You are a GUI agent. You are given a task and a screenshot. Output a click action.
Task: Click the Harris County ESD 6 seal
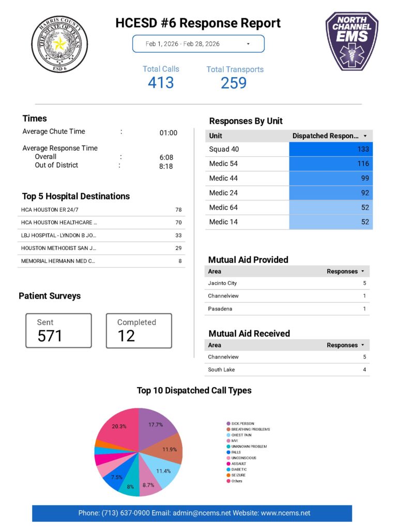point(59,44)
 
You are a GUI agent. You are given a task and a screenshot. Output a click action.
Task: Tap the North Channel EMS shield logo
point(352,41)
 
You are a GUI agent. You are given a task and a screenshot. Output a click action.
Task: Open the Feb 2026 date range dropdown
point(198,44)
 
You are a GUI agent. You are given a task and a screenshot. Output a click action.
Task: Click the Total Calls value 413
point(161,82)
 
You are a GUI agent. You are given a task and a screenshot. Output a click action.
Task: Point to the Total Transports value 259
point(234,83)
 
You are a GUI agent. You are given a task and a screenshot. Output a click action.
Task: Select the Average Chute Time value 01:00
point(168,133)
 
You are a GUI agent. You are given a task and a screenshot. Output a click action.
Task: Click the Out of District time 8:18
point(166,167)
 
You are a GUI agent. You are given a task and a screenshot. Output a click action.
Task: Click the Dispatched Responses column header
point(326,136)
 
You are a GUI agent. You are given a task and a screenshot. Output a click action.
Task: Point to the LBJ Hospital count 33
point(178,235)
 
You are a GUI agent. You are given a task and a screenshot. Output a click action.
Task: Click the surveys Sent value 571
point(50,336)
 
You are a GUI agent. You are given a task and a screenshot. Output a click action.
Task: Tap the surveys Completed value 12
point(126,336)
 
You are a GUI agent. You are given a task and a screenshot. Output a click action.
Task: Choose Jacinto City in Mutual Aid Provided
point(222,283)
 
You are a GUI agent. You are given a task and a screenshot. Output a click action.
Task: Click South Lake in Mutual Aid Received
point(222,370)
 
